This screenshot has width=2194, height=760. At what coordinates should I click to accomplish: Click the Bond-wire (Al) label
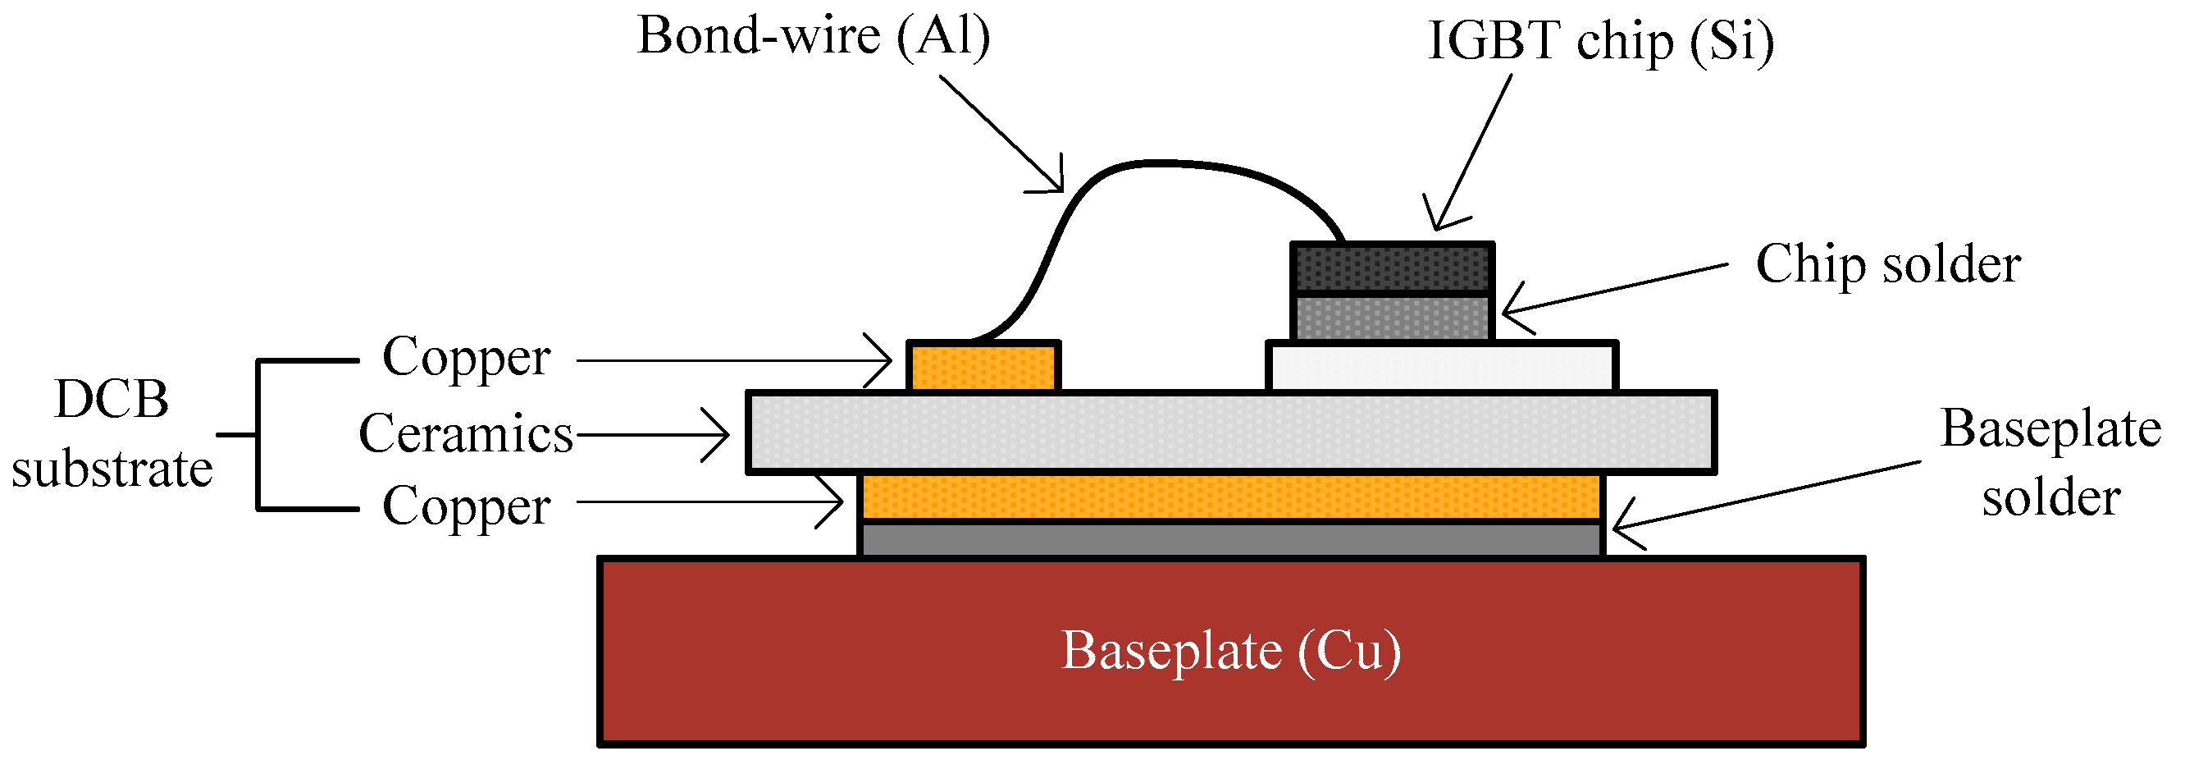814,38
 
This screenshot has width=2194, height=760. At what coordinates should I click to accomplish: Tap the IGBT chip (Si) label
1599,42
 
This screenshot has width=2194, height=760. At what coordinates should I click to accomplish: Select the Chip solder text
1887,265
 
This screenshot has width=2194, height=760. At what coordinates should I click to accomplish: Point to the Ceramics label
466,434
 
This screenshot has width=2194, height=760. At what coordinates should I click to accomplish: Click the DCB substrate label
112,434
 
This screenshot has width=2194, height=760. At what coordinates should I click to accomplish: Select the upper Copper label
466,358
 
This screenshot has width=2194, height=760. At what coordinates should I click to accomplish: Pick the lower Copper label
466,507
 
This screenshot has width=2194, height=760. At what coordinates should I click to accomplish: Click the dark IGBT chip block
1392,268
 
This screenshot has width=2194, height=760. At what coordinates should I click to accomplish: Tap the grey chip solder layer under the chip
1392,318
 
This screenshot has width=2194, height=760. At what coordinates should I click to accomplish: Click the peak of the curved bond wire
1167,162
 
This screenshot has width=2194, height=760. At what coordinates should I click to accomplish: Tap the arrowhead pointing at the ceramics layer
724,434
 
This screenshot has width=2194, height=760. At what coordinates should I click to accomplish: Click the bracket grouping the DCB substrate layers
258,434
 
